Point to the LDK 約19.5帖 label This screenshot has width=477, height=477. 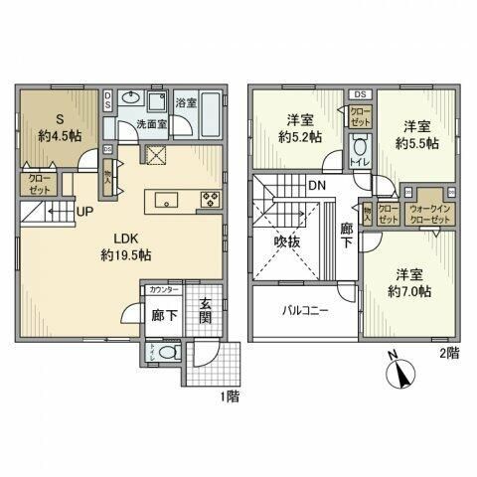(x=127, y=246)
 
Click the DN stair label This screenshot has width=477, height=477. (x=315, y=185)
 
